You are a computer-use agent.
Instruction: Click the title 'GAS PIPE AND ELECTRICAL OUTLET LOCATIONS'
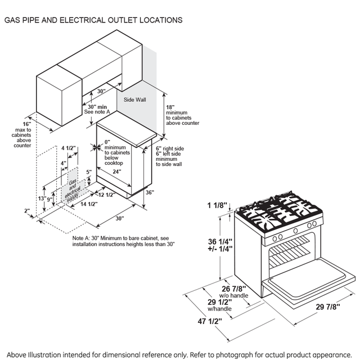(93, 20)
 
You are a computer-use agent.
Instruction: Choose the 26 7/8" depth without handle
(233, 290)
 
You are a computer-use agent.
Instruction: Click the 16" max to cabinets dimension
(26, 124)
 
